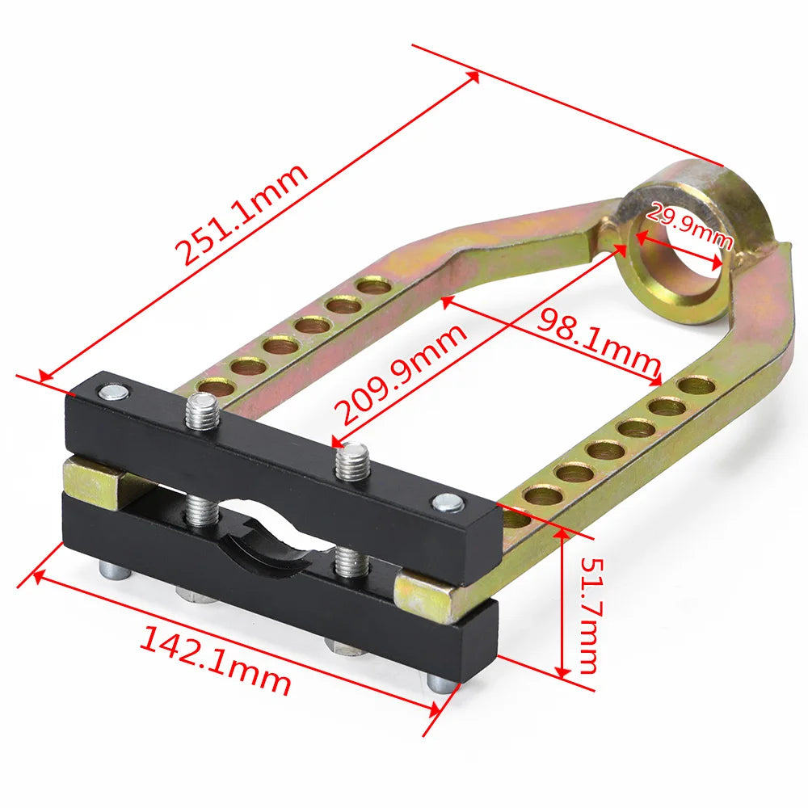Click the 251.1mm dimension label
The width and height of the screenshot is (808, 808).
point(242,214)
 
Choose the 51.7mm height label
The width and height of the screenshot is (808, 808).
point(585,614)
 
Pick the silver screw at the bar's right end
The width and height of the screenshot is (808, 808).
point(449,503)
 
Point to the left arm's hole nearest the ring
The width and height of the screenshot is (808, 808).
point(374,285)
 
